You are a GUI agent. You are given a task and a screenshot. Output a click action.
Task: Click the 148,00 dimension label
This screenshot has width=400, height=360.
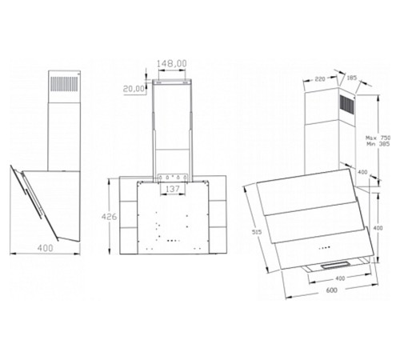point(171,64)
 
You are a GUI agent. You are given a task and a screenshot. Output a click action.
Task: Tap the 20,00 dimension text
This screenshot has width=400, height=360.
point(134,89)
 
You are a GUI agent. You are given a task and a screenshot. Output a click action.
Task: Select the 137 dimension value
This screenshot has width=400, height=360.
point(173,189)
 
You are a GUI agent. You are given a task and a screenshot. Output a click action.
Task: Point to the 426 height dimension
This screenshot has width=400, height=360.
point(109,217)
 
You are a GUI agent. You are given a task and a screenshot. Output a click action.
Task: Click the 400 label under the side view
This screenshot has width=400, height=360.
point(45,248)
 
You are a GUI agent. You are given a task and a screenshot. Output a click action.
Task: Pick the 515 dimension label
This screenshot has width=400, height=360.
point(257,232)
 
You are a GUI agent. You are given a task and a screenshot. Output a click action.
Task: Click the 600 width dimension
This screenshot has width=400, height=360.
point(331,290)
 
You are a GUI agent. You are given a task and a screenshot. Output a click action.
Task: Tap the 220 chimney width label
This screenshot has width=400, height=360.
point(320,79)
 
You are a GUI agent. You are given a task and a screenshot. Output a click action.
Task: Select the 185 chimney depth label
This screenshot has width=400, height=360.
point(351,78)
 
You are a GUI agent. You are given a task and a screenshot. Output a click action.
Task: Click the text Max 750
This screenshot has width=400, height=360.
point(378,138)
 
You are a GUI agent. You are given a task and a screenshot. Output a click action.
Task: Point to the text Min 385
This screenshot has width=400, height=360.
point(378,144)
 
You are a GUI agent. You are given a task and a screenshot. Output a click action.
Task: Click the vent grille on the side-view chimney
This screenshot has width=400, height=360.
point(64,84)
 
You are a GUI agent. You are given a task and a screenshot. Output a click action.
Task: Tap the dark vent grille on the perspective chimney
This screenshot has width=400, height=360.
point(346,106)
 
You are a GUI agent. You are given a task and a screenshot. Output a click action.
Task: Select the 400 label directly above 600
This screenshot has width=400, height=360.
point(340,278)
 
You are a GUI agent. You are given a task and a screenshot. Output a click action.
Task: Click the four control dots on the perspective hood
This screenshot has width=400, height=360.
point(324,248)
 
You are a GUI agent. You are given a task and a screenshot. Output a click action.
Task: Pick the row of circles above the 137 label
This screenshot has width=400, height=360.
point(173,177)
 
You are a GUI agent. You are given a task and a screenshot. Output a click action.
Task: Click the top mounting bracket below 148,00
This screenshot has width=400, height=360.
point(171,82)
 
